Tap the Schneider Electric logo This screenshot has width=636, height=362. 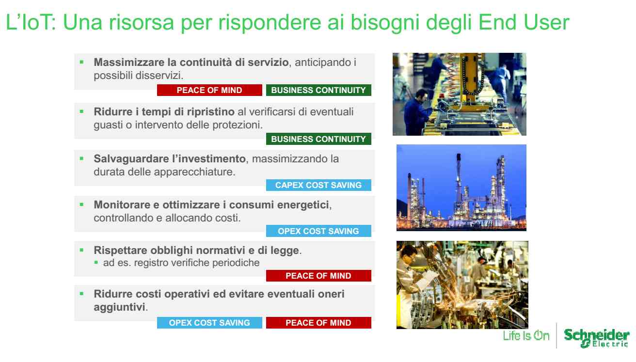tap(596, 338)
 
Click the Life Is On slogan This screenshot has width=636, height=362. tap(526, 336)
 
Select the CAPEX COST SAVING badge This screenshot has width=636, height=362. tap(318, 185)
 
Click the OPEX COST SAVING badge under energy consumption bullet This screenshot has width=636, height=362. tap(318, 231)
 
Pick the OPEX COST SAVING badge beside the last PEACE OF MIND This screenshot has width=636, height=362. tap(209, 323)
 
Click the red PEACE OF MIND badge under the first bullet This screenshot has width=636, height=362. tap(209, 90)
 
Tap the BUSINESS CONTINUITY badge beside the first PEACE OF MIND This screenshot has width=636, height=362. tap(318, 90)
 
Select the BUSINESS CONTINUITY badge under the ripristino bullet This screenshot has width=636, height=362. tap(318, 139)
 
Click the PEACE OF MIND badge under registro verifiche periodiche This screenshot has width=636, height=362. tap(318, 276)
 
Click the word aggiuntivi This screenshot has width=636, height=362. tap(119, 307)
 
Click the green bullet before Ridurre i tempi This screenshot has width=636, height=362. tap(82, 111)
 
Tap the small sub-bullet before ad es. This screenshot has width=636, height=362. tap(96, 263)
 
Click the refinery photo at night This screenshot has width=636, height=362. tap(461, 188)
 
